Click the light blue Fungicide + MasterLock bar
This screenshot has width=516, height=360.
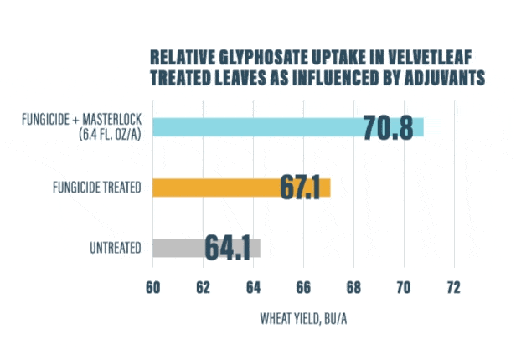click(251, 126)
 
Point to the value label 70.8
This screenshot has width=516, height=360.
click(389, 128)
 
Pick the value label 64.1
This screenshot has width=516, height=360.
click(228, 249)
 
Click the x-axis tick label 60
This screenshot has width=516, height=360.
click(153, 287)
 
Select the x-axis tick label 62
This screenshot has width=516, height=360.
click(203, 287)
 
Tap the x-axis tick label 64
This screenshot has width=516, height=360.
click(253, 287)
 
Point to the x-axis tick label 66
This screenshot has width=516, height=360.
click(303, 287)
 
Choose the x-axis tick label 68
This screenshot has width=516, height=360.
click(353, 287)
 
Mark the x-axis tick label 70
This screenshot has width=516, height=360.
click(403, 287)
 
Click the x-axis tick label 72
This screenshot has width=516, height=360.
click(453, 287)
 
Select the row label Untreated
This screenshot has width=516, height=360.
click(115, 248)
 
